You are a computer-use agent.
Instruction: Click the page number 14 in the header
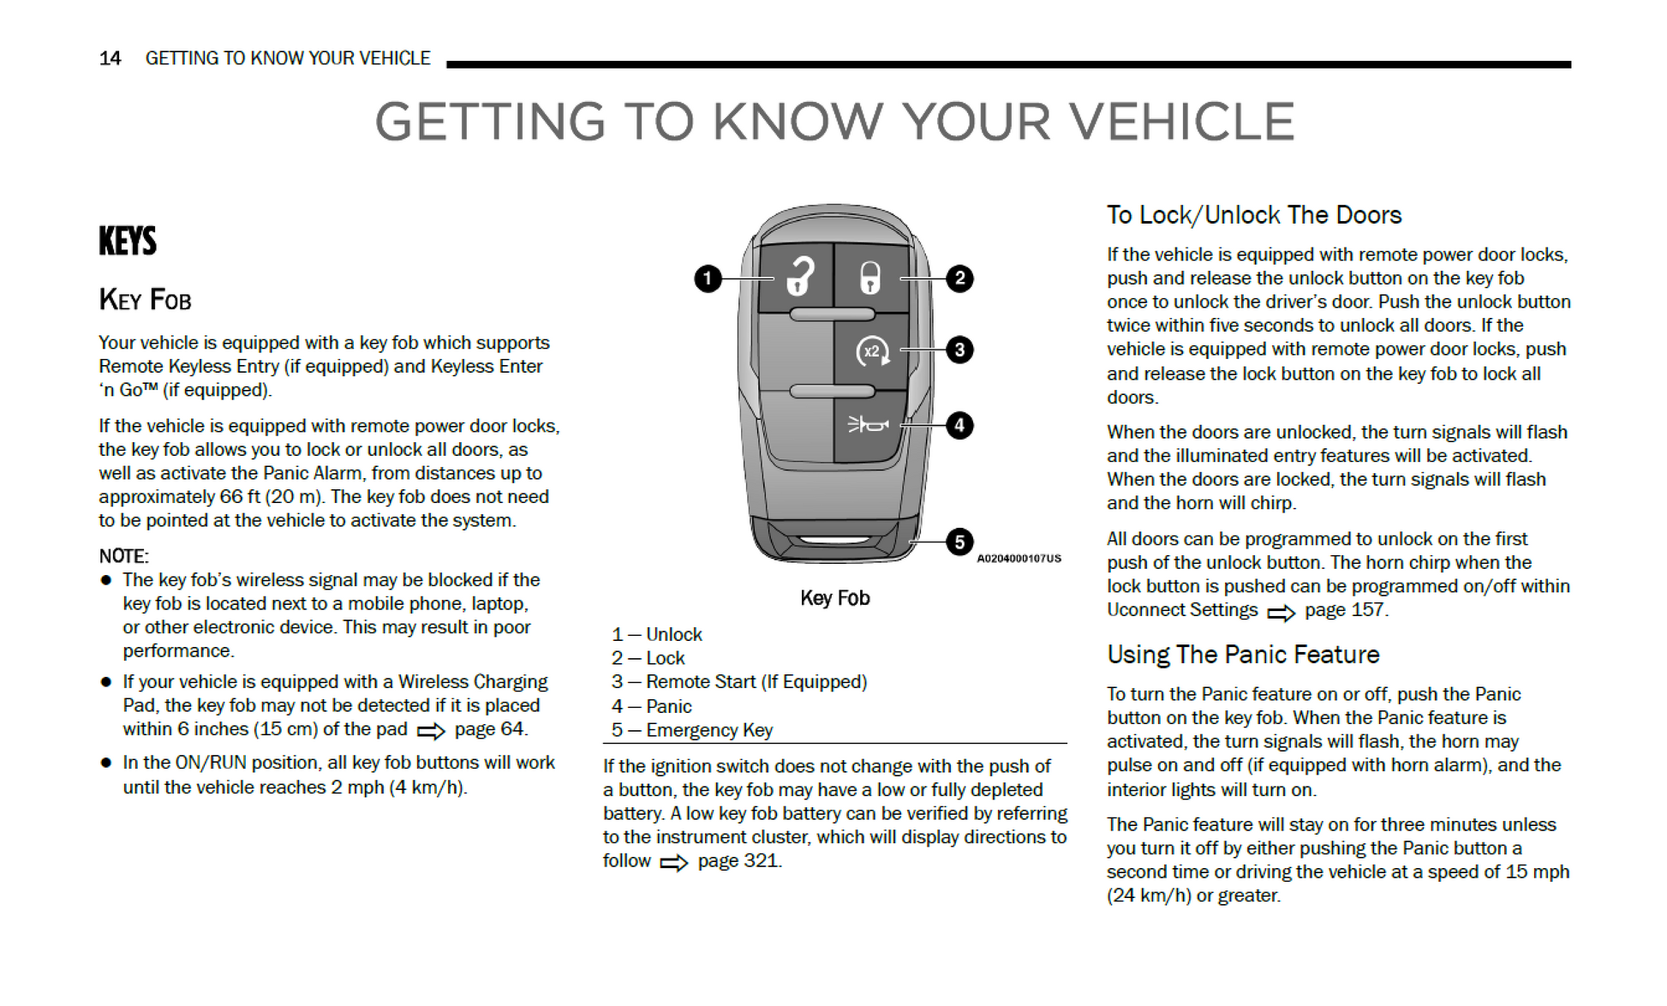(110, 58)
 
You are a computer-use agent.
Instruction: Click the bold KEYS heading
(128, 241)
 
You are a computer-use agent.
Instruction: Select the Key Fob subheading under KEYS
(145, 300)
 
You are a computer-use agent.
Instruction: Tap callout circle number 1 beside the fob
(708, 278)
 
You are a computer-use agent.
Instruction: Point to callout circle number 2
(959, 278)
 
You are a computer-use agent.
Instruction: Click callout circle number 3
(959, 350)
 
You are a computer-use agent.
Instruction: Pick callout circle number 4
(959, 425)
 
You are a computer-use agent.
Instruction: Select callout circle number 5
(959, 542)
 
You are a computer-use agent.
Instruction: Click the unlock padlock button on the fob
(798, 277)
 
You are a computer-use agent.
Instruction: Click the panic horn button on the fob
(868, 424)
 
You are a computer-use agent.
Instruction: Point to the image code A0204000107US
(1019, 559)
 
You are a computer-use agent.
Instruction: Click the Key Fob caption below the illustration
(834, 598)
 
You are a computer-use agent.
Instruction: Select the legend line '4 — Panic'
(651, 706)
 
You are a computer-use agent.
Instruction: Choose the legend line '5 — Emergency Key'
(691, 730)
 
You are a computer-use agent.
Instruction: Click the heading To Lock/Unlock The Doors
(1253, 215)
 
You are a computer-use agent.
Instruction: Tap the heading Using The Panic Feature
(1242, 655)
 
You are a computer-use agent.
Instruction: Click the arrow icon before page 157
(1281, 613)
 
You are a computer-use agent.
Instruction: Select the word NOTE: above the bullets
(123, 556)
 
